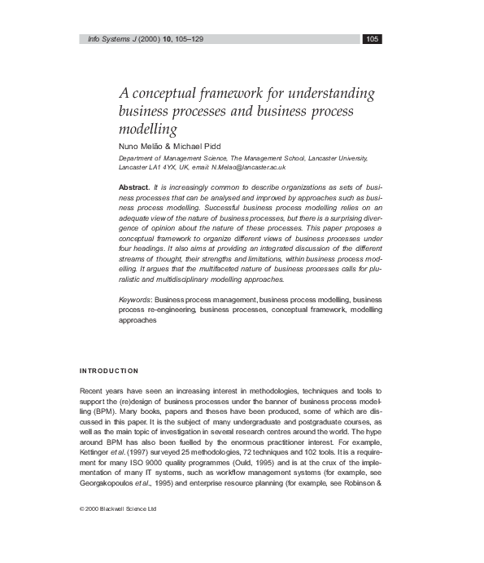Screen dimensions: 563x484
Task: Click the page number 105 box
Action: [373, 38]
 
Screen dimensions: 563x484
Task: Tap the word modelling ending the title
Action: [147, 129]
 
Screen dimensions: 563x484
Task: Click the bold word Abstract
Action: [133, 187]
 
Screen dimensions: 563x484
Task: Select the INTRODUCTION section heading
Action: [109, 371]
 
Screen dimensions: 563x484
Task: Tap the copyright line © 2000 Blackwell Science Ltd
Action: [118, 508]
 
